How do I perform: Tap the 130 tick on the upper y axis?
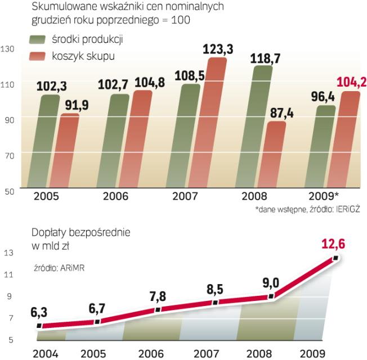pos(7,49)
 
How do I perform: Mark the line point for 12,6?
pos(335,258)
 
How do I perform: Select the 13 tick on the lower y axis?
pos(7,253)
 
